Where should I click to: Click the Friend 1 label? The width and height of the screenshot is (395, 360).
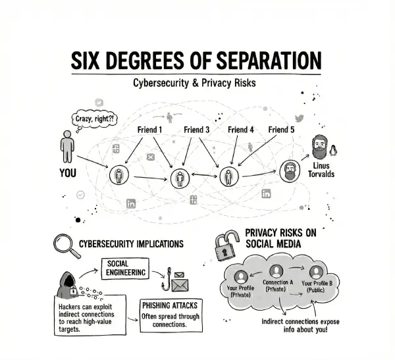tap(149, 130)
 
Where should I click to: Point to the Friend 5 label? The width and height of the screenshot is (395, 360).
tap(282, 130)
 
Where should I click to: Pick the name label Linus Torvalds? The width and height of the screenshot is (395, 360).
tap(321, 170)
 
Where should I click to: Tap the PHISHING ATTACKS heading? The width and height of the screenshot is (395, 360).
tap(169, 306)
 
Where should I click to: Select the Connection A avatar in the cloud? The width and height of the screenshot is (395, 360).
tap(276, 271)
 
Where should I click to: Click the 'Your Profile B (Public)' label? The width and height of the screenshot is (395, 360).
tap(319, 287)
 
